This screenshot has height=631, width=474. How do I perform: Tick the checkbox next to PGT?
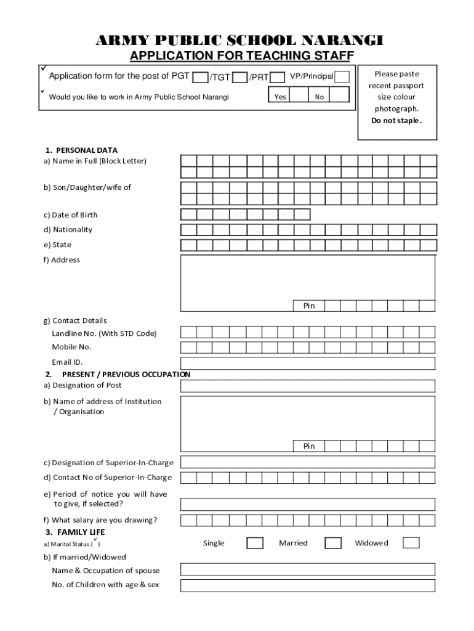point(200,78)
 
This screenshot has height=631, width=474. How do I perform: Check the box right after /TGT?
point(240,78)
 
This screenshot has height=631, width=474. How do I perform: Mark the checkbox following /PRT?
point(278,78)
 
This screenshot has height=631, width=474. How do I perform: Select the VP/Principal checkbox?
point(342,77)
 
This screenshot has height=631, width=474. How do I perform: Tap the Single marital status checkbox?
point(255,543)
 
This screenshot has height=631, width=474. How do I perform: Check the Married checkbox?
point(333,543)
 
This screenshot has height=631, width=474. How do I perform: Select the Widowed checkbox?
point(411,543)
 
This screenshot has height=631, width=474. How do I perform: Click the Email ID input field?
point(308,363)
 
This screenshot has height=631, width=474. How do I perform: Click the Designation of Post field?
point(308,386)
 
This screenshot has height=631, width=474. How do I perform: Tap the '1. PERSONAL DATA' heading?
point(81,150)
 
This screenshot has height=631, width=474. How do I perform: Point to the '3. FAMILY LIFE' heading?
point(74,532)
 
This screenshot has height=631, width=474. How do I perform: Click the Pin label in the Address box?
point(308,306)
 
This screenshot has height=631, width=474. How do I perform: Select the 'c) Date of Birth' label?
point(70,215)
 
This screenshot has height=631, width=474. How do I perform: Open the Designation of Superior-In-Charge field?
point(308,462)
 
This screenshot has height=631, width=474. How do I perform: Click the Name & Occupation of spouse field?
point(308,569)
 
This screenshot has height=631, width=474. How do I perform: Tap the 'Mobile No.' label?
point(71,347)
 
